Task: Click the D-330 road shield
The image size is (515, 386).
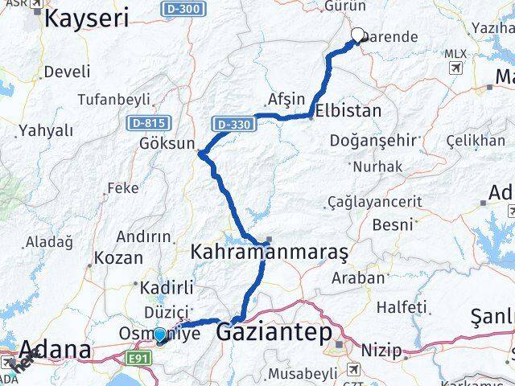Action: tap(234, 125)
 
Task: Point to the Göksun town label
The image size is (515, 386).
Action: tap(167, 143)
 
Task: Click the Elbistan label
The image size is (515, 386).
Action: tap(348, 111)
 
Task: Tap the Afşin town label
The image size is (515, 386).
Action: tap(286, 99)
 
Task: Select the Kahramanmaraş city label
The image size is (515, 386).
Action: tap(269, 253)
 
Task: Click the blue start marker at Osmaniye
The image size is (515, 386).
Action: tap(159, 335)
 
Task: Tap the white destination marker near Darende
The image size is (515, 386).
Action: tap(358, 35)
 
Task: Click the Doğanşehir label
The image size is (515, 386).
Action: tap(373, 140)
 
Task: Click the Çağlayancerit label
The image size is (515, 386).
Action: tap(375, 202)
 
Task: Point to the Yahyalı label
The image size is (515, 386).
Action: tap(46, 130)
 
